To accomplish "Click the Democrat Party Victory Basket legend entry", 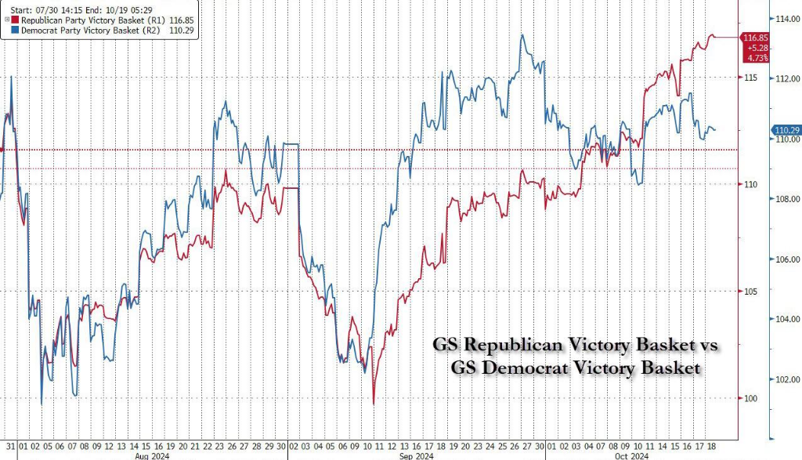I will (85, 30).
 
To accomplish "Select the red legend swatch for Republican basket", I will (15, 19).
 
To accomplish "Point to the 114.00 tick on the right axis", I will (786, 18).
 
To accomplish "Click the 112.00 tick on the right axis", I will (786, 78).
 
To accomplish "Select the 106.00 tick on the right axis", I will (786, 259).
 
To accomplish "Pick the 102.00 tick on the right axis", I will (786, 380).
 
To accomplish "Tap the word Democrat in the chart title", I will (523, 367).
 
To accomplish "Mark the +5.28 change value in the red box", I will (757, 48).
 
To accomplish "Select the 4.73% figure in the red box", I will (757, 57).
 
